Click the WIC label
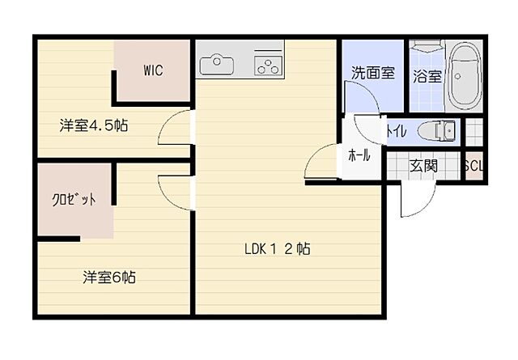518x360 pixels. pyautogui.click(x=154, y=70)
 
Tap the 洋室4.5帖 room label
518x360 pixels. pyautogui.click(x=94, y=125)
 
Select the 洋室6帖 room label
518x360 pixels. pyautogui.click(x=108, y=277)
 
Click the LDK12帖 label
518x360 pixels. pyautogui.click(x=278, y=249)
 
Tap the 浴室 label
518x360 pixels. pyautogui.click(x=427, y=77)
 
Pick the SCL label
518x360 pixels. pyautogui.click(x=472, y=166)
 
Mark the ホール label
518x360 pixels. pyautogui.click(x=359, y=155)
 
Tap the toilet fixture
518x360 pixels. pyautogui.click(x=439, y=130)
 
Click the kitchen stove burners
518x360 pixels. pyautogui.click(x=266, y=63)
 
